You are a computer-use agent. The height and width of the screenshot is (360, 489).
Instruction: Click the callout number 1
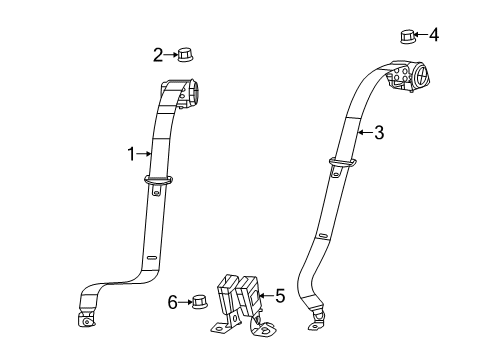coord(130,153)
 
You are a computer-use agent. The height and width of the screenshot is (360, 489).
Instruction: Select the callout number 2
coord(158,54)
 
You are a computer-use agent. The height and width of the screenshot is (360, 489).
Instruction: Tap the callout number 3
coord(379,131)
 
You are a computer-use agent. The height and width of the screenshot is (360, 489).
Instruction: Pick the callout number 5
coord(279,295)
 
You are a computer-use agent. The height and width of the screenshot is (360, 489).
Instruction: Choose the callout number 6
coord(172,300)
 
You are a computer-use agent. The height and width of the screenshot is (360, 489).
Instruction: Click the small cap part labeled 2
coord(185,54)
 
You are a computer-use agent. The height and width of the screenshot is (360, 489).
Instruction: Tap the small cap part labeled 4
coord(407,37)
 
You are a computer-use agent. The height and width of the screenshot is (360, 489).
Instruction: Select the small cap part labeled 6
coord(198,300)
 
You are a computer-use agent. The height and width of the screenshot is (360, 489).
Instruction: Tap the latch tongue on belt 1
coord(158,181)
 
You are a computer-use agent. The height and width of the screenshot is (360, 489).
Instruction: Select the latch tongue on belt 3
coord(341,164)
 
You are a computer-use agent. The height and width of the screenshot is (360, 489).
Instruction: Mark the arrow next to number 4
coord(421,36)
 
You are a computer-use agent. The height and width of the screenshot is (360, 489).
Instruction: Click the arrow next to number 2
coord(170,54)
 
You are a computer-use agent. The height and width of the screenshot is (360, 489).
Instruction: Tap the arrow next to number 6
coord(184,300)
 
